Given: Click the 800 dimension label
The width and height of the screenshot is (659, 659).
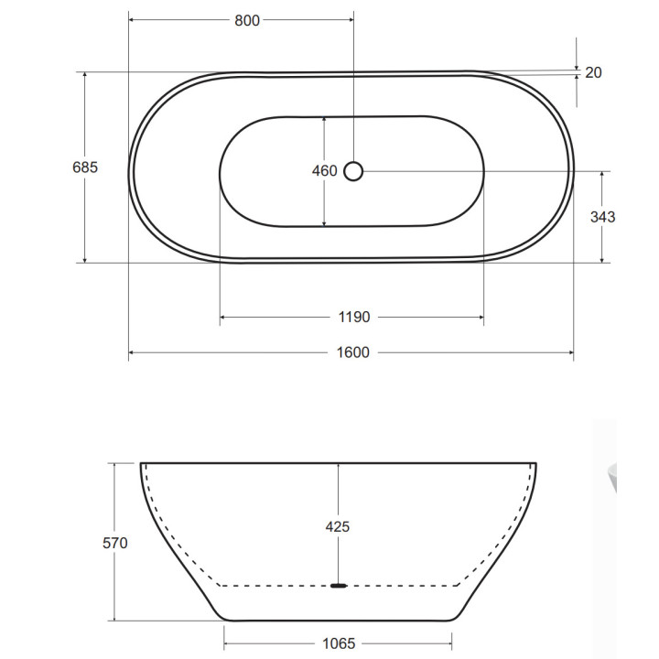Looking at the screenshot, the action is (247, 20).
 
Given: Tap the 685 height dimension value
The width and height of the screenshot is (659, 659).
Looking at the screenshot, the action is (85, 167).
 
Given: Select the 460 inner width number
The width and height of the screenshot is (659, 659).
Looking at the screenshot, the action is (324, 170).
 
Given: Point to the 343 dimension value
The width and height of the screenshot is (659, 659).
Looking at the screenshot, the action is (602, 217).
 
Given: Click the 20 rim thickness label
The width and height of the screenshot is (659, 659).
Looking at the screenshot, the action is (593, 72).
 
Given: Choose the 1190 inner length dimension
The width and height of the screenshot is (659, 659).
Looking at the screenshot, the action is (354, 317).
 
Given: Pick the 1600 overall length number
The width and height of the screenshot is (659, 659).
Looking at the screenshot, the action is (353, 352).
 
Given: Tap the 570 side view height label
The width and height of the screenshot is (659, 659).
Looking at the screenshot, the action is (115, 543).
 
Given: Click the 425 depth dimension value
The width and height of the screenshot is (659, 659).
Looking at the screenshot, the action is (338, 526).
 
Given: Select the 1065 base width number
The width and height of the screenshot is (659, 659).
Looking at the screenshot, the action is (339, 643).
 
